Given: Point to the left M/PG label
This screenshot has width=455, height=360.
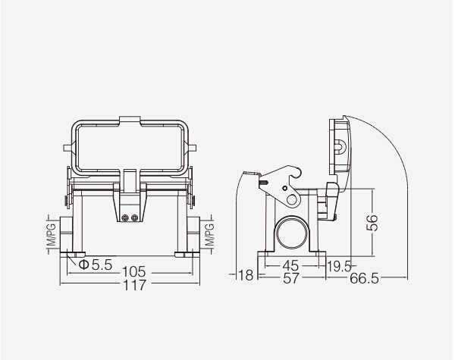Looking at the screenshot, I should point(52,236).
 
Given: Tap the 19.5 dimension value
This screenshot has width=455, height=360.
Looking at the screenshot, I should point(339,265).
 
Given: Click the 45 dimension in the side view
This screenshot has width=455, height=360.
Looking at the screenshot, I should point(290,265).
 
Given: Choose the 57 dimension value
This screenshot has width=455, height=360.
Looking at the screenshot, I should point(290,278).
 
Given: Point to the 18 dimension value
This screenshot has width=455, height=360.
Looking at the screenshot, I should point(245,274).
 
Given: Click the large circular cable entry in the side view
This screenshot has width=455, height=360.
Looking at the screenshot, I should point(290,230).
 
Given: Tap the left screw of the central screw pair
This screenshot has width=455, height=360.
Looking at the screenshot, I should point(127,218).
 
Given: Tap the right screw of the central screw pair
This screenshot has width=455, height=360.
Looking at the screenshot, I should point(136,218).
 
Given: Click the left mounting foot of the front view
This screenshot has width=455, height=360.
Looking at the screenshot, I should point(77,254).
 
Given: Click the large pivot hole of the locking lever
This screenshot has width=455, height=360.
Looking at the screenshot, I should point(291,199).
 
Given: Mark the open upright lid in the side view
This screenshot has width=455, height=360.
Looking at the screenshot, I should point(337,152).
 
